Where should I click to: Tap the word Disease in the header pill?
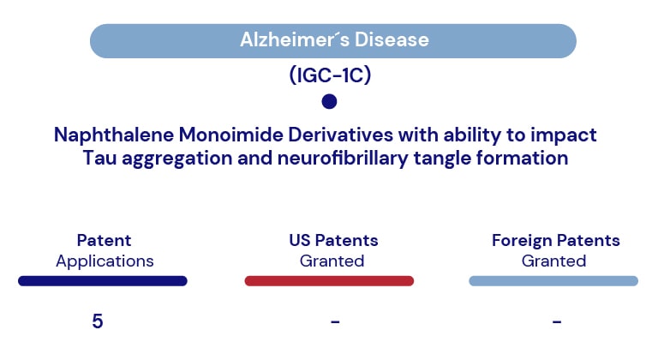(392, 40)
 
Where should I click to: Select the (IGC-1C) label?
(330, 75)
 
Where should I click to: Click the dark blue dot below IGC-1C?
(329, 101)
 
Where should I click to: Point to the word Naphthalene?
(114, 135)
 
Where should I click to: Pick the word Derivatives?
(340, 135)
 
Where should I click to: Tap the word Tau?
(99, 159)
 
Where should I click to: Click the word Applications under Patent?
(105, 261)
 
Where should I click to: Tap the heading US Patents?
(333, 240)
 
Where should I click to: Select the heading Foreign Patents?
(555, 241)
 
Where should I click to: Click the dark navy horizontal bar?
(103, 281)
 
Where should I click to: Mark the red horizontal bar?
(329, 281)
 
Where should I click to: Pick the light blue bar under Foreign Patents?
(553, 281)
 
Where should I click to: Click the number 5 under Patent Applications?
(98, 321)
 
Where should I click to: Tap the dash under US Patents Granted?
(335, 321)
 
